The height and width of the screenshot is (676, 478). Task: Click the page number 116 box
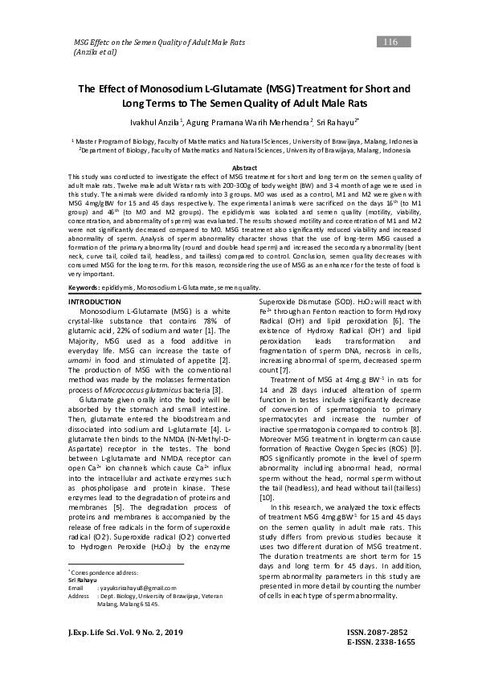click(391, 42)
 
